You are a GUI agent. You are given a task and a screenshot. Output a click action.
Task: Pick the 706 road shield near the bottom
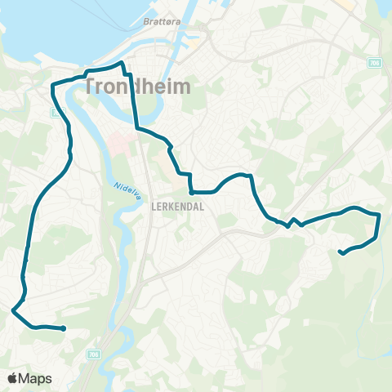pos(93,354)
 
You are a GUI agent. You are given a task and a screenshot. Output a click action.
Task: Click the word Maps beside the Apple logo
pos(37,378)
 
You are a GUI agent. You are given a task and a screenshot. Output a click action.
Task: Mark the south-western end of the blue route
pos(63,328)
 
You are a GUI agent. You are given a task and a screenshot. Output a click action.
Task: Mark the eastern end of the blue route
pos(341,252)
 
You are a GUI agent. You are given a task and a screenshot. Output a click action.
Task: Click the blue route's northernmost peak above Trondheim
pos(122,63)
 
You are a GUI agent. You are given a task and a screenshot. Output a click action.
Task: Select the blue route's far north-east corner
pos(380,215)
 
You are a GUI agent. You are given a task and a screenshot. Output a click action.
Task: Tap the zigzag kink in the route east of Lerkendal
pos(294,223)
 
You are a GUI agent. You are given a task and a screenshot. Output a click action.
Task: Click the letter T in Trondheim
pos(90,87)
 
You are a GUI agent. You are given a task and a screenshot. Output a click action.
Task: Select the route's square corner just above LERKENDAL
pos(190,193)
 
